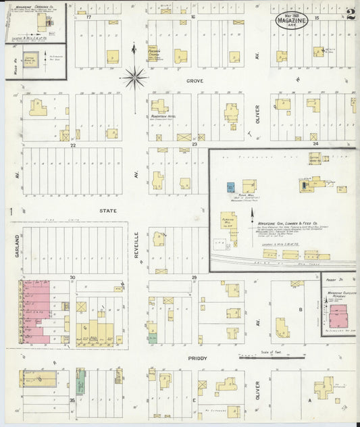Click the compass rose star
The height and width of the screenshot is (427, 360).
click(134, 78)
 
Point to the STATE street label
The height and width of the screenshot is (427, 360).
click(108, 211)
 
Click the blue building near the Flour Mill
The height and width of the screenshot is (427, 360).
click(230, 186)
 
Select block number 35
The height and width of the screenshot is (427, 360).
click(72, 401)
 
